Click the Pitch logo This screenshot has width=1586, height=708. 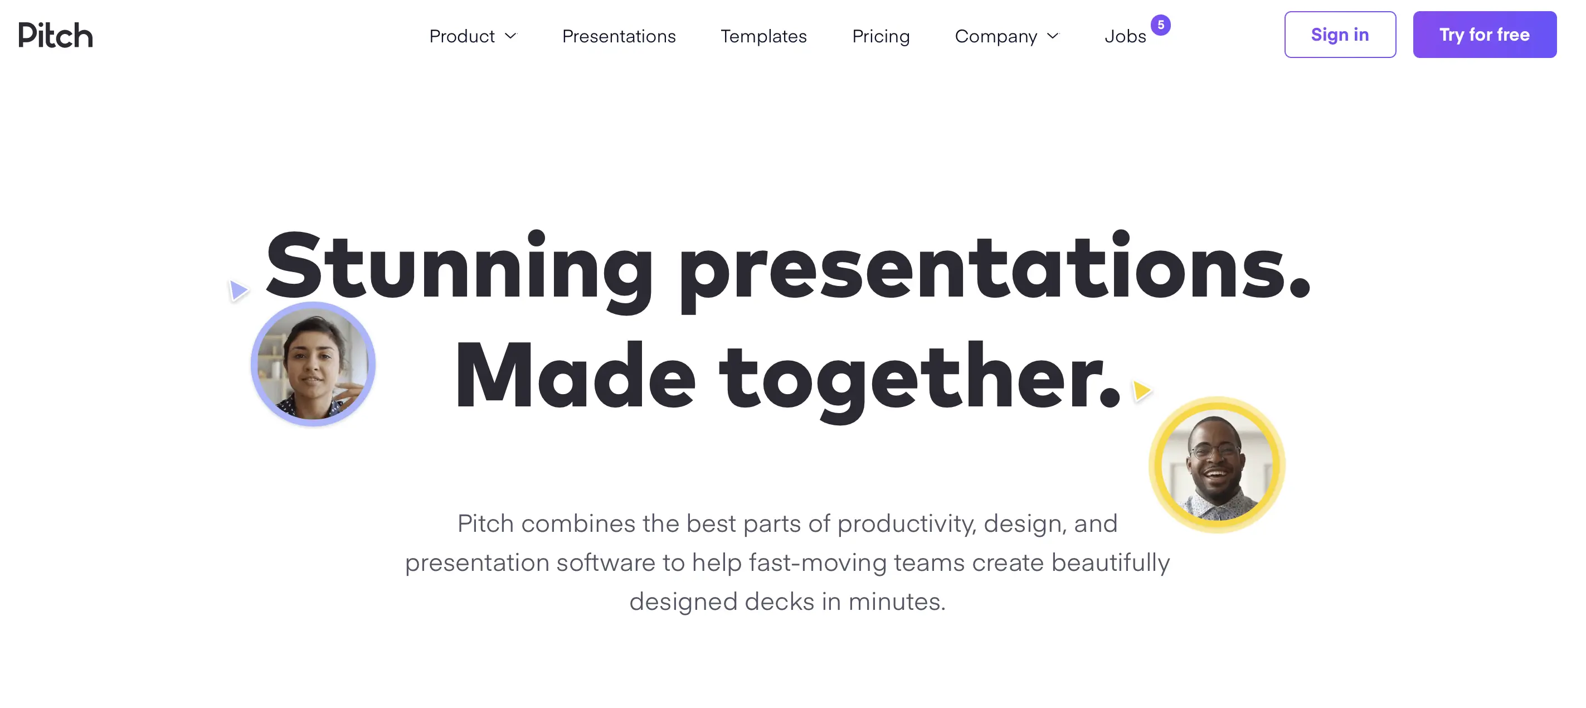55,35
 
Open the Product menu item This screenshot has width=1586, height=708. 462,36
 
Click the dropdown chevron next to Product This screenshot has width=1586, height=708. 511,36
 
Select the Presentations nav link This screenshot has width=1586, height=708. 619,36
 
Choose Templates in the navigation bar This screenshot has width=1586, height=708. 763,36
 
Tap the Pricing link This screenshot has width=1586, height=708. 880,36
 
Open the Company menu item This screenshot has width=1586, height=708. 995,36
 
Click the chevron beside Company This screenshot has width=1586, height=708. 1053,36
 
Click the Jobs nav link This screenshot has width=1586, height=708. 1125,36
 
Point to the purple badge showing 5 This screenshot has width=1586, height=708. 1161,25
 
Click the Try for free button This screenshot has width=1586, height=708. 1485,35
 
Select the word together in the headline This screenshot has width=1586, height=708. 919,377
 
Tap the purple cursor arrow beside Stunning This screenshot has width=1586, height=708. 239,290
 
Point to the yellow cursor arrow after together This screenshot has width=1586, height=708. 1142,390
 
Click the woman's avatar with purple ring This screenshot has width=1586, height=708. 313,364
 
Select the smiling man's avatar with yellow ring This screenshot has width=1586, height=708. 1217,465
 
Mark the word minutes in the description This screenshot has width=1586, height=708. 896,602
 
